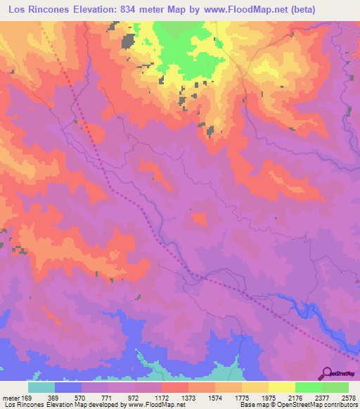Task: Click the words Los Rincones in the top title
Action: pos(36,9)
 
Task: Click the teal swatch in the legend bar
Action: pos(41,387)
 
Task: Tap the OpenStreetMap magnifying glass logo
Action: pos(326,372)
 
